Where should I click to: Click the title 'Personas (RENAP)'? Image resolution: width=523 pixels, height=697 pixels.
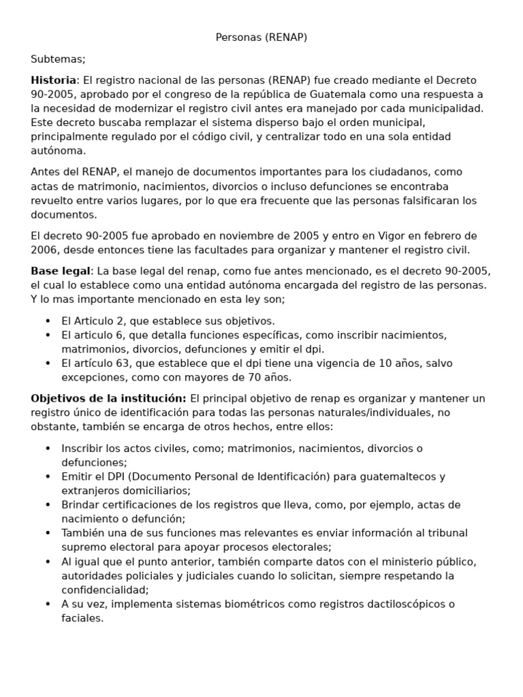tap(261, 37)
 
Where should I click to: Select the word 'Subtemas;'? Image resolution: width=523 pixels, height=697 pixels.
tap(58, 59)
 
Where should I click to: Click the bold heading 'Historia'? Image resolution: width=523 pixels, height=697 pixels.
tap(54, 80)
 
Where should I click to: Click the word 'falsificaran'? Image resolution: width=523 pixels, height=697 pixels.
tap(428, 200)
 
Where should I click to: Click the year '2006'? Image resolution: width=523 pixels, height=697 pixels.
tap(44, 250)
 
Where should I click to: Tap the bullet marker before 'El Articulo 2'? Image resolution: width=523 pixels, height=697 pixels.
tap(48, 321)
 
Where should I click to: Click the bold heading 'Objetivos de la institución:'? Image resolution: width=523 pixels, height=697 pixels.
tap(108, 398)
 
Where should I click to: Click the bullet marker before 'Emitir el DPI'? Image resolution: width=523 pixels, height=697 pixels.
tap(48, 476)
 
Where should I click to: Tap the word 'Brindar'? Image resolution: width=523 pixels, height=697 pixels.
tap(81, 504)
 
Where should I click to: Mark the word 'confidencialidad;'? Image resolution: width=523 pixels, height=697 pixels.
tap(105, 589)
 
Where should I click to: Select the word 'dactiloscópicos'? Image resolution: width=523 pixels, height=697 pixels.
tap(402, 604)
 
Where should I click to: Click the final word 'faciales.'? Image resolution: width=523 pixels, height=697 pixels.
tap(82, 618)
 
